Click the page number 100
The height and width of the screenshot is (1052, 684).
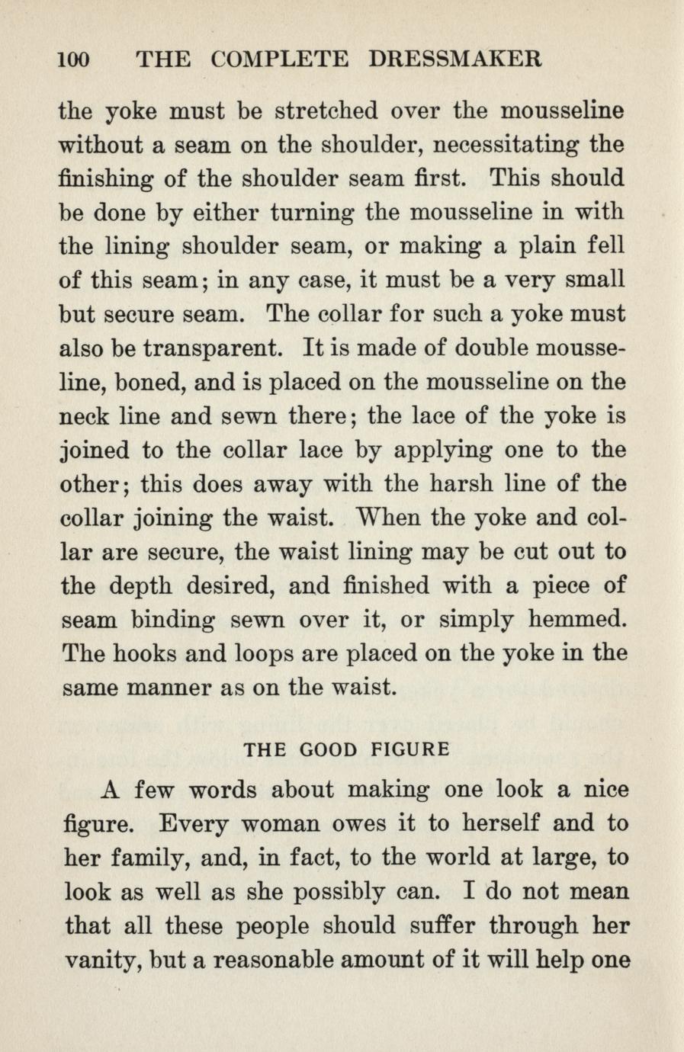click(x=74, y=59)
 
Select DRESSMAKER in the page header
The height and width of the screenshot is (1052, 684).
click(x=454, y=59)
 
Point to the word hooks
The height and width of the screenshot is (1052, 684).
click(x=145, y=653)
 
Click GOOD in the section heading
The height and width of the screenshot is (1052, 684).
click(x=329, y=749)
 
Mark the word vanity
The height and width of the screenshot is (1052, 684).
click(x=97, y=960)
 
